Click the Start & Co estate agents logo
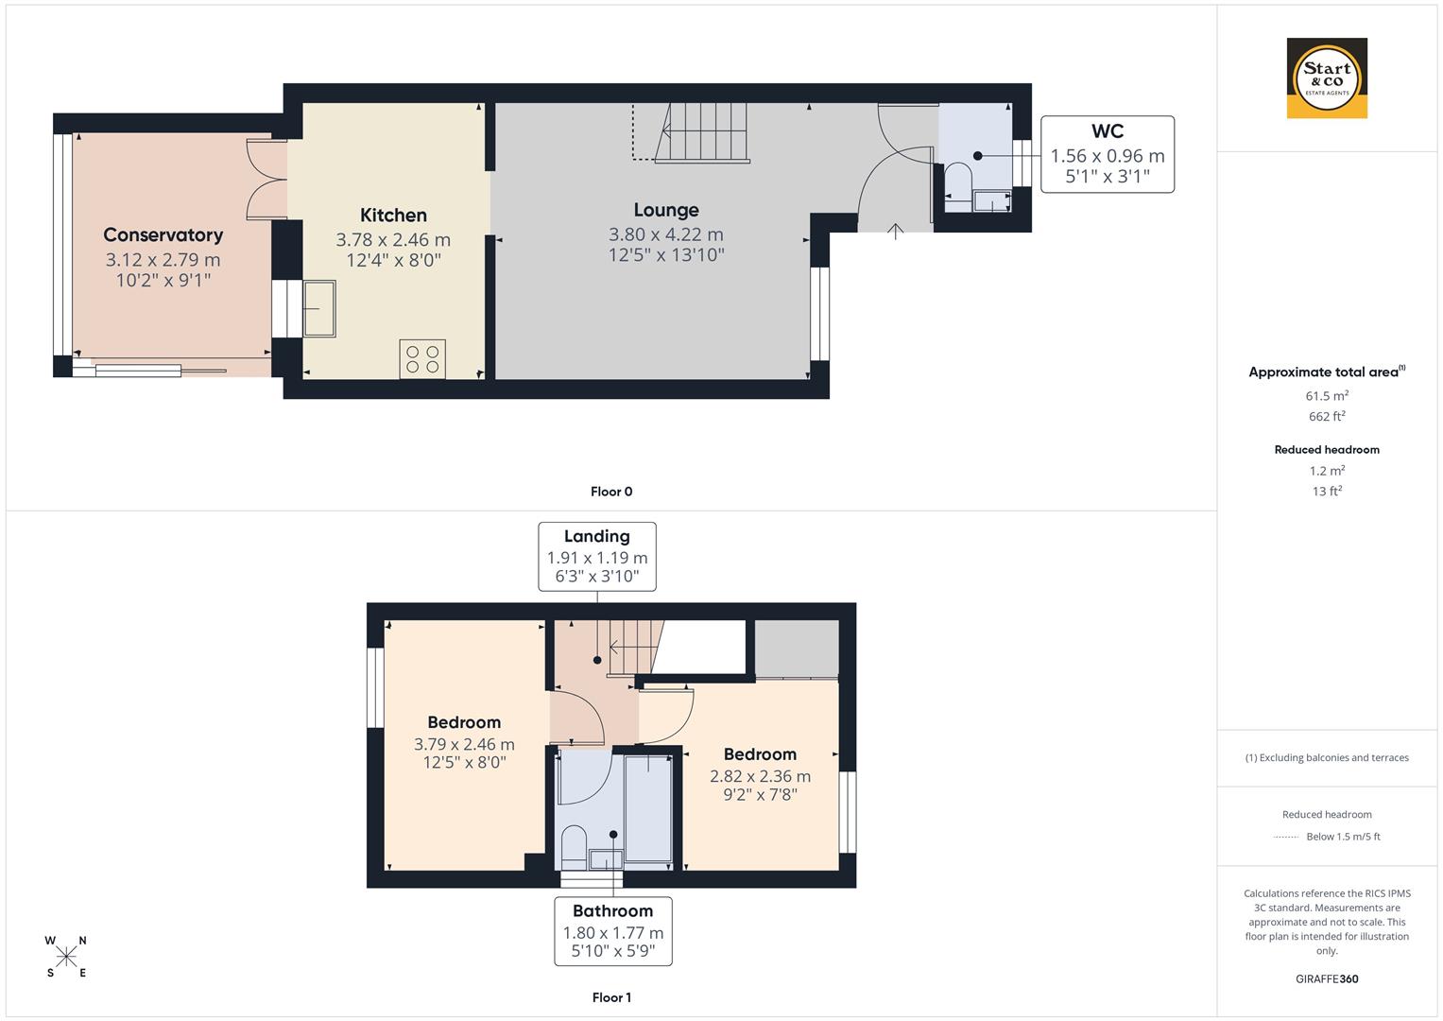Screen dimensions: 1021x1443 tap(1327, 78)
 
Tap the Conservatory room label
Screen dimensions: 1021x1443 tap(163, 235)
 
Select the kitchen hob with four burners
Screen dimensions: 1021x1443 tap(422, 358)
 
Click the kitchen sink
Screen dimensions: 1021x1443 tap(318, 308)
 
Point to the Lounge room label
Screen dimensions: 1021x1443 tap(666, 211)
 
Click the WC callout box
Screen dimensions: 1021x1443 tap(1107, 154)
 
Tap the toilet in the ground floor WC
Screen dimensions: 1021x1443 tap(957, 182)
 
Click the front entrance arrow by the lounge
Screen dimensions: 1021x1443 tap(895, 230)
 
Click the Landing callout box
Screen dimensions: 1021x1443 tap(596, 557)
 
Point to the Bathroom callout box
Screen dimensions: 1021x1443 tap(612, 931)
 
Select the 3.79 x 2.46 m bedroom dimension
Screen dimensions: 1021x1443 tap(464, 744)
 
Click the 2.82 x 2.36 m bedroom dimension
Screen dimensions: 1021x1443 tap(760, 776)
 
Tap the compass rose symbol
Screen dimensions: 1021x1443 tap(66, 957)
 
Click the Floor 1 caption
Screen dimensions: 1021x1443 tap(610, 997)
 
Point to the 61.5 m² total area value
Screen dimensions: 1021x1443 tap(1327, 396)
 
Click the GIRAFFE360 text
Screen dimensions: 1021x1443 tap(1327, 978)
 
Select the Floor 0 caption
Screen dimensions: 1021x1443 tap(610, 492)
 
